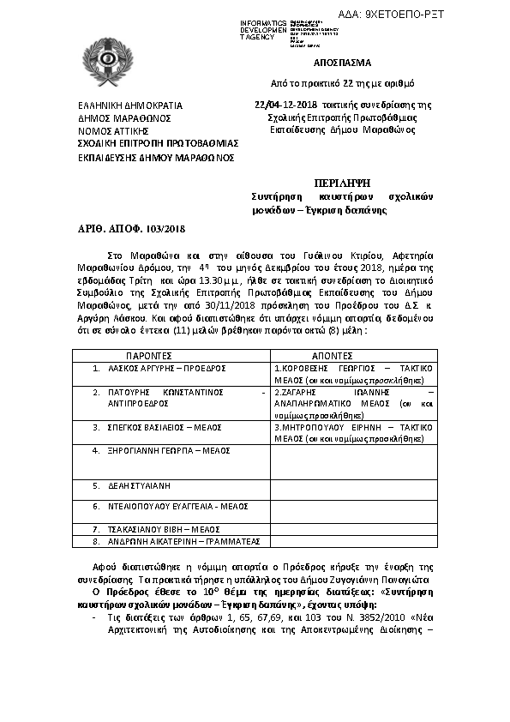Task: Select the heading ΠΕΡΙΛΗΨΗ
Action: click(x=346, y=182)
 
